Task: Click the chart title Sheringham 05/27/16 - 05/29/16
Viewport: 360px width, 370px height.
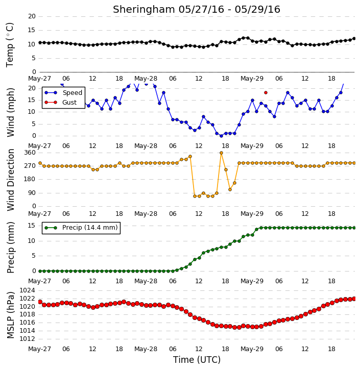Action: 197,9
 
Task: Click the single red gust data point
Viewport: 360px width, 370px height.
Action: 266,93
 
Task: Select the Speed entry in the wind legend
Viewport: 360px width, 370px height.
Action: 63,92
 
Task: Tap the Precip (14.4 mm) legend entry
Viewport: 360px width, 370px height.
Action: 81,228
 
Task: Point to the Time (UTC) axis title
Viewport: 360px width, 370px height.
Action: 197,360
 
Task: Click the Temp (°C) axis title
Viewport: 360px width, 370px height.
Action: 10,45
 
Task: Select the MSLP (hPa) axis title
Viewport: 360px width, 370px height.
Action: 10,315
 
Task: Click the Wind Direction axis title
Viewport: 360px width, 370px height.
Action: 10,180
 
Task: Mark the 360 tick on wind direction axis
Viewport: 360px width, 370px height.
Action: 30,153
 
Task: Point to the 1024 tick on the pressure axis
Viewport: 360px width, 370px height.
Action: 27,290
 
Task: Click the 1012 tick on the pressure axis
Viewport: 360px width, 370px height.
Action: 27,339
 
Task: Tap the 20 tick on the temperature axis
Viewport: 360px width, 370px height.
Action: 32,16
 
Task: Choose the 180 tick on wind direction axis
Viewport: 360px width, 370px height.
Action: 30,179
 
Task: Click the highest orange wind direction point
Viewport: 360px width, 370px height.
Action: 221,153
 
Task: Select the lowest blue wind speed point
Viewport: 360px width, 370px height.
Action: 221,136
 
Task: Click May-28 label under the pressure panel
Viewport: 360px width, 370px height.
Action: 146,349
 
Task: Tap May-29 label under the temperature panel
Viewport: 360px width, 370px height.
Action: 252,79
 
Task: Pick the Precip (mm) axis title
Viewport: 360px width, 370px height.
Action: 10,248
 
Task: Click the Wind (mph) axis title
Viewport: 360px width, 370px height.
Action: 10,112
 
